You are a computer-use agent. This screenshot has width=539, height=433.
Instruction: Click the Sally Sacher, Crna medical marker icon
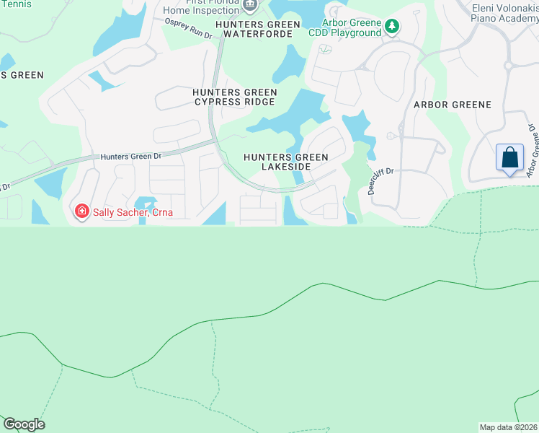pos(82,211)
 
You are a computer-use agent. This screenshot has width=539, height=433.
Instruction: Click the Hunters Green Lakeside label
pos(286,162)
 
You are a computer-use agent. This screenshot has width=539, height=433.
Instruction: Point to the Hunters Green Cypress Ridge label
pos(235,97)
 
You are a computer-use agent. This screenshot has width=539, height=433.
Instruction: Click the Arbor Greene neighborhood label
pos(452,105)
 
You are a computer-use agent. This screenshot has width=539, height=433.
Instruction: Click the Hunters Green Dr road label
pos(132,155)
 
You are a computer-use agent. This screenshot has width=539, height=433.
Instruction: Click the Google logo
pos(24,424)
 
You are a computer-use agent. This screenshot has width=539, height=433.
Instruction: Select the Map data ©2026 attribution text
pos(509,427)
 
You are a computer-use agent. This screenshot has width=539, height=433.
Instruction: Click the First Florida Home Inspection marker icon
pos(250,5)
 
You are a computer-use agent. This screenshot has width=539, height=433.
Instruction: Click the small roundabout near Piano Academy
pos(509,66)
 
